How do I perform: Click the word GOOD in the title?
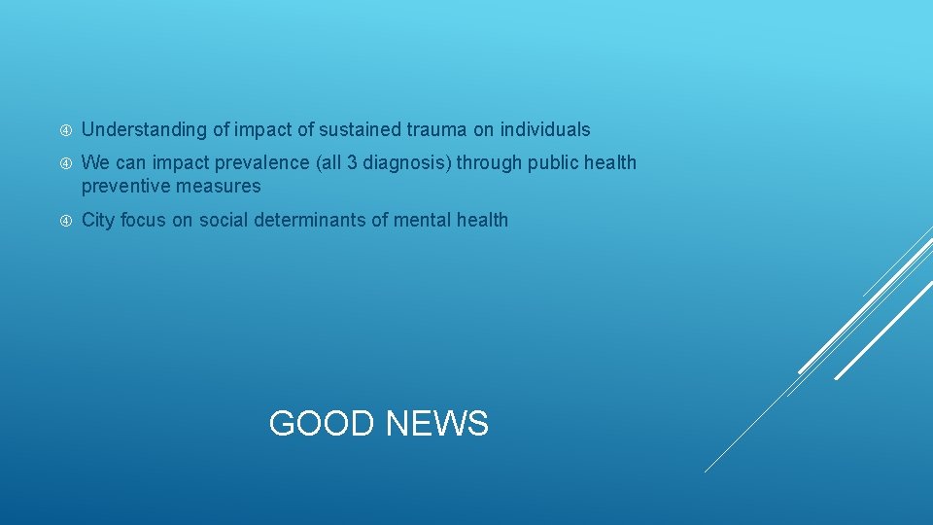[x=321, y=424]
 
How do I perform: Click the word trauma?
[x=434, y=129]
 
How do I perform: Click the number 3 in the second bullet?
[x=352, y=163]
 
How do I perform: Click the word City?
[x=98, y=221]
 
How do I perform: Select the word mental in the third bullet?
[x=424, y=221]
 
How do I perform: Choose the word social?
[x=224, y=221]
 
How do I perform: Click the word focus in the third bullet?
[x=144, y=221]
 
